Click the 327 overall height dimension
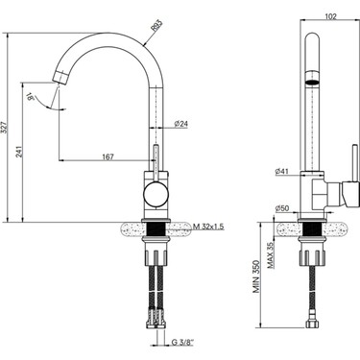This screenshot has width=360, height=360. tap(4, 129)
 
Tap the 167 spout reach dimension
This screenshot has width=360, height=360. tap(108, 156)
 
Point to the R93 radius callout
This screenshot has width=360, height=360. tap(156, 26)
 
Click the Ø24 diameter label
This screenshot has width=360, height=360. tap(180, 124)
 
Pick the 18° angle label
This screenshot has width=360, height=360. tap(31, 97)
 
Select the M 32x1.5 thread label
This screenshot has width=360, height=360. tap(208, 227)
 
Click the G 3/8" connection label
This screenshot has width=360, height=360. tap(183, 342)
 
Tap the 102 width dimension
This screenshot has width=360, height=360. tap(330, 16)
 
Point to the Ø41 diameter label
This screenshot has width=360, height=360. tap(281, 171)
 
